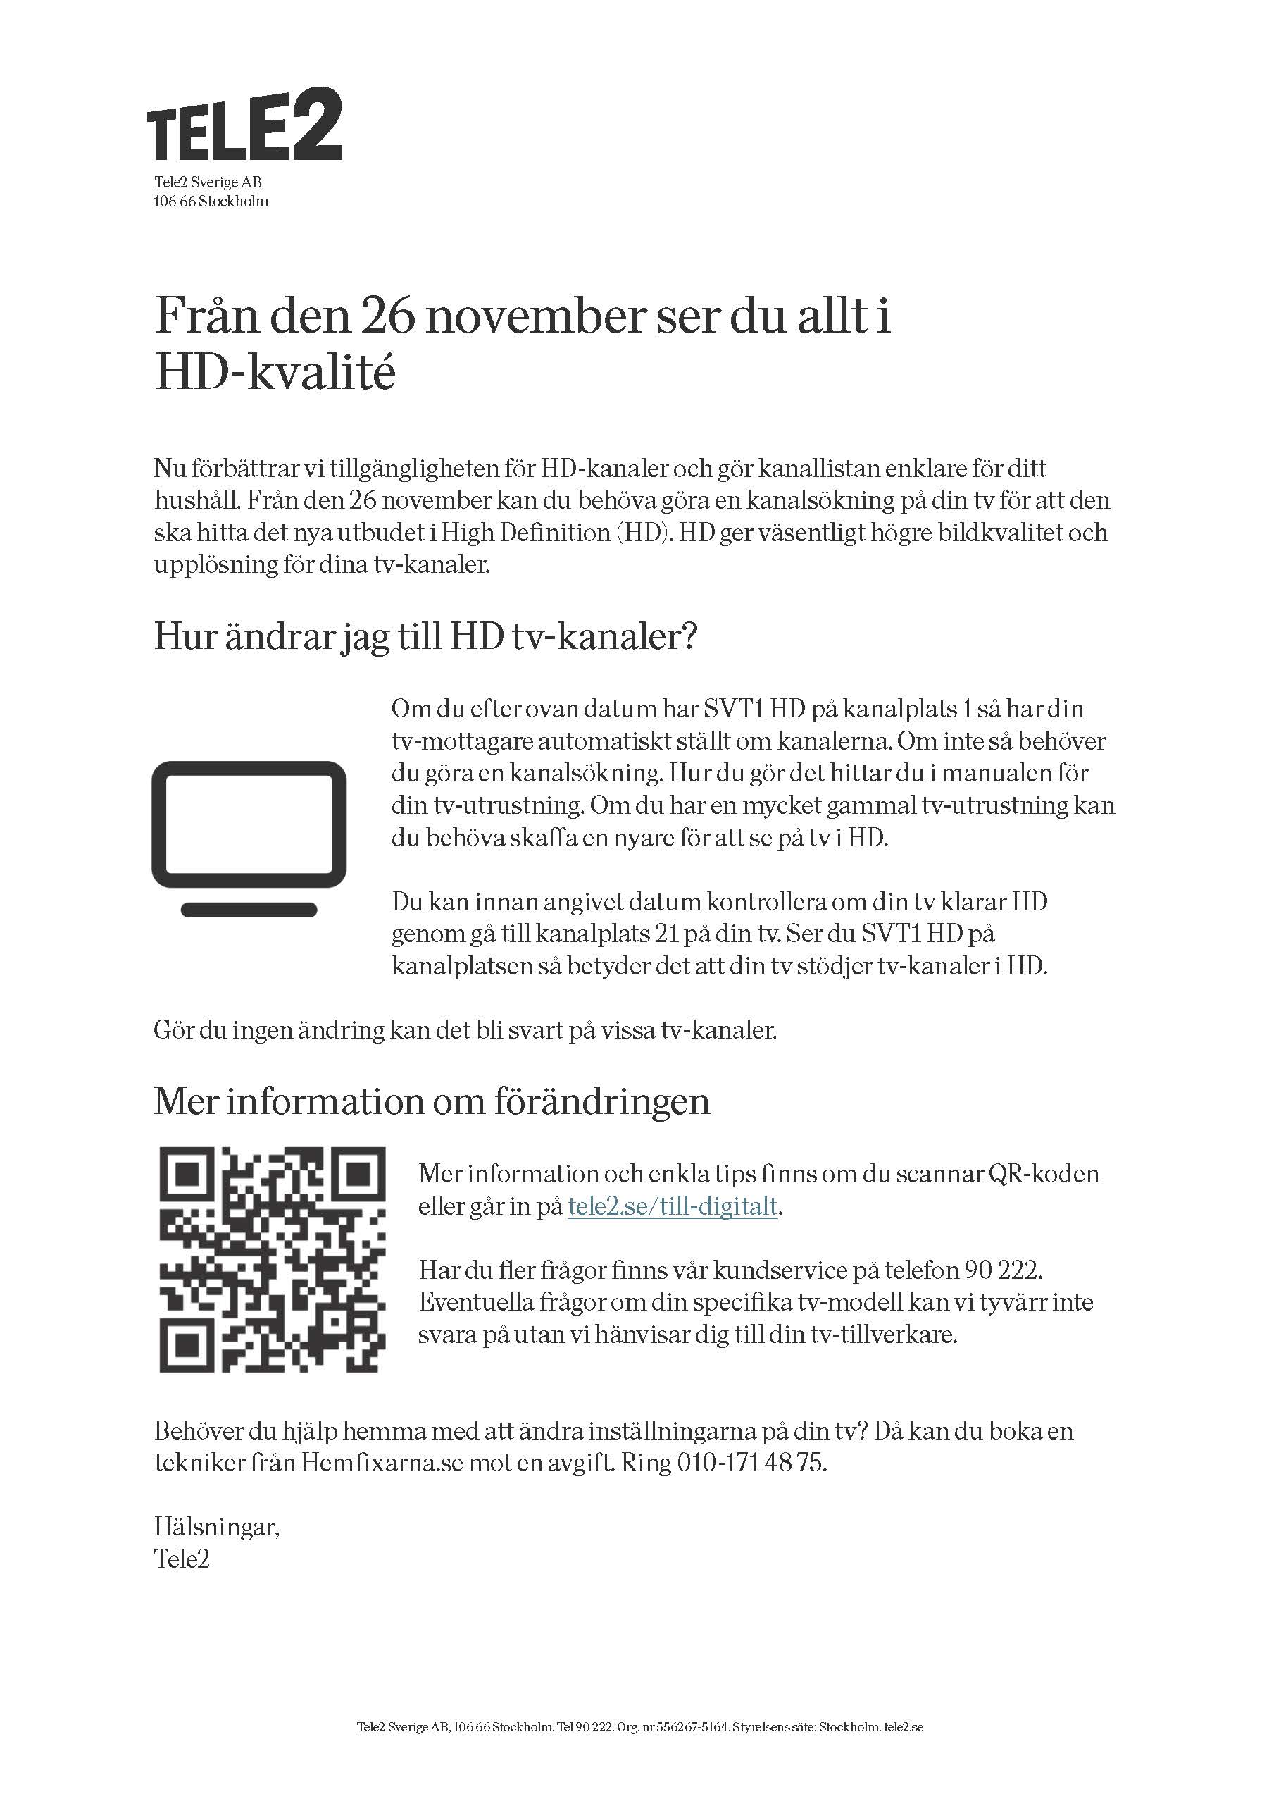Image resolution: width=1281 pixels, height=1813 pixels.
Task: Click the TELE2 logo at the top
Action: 244,125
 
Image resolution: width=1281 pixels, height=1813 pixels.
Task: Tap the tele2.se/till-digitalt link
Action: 673,1207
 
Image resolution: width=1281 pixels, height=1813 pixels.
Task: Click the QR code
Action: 273,1259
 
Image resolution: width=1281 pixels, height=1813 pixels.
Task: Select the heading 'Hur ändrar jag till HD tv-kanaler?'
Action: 425,636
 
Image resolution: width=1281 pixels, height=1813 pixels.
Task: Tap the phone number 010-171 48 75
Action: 751,1464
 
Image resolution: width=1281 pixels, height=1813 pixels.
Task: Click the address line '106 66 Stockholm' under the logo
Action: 211,202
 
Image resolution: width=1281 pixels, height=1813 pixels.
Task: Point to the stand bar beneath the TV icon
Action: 249,910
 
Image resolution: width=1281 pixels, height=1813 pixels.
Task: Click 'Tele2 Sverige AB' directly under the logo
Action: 208,182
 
